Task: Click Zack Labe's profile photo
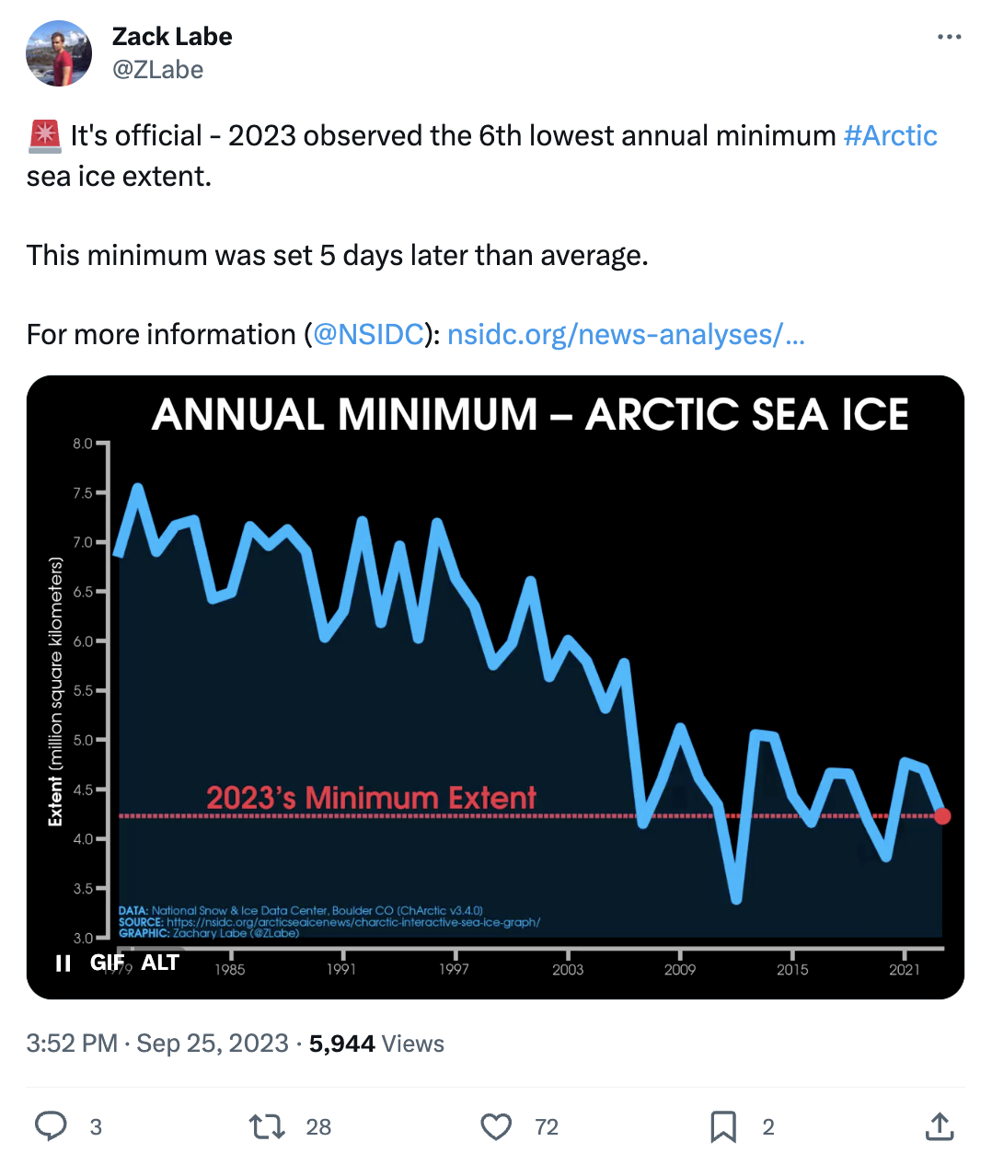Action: coord(59,53)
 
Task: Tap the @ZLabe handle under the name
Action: coord(157,70)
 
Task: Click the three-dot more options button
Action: coord(949,38)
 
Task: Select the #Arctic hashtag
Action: coord(890,136)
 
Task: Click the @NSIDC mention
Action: coord(368,334)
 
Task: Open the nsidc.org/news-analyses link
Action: coord(626,334)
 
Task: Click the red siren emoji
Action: coord(44,136)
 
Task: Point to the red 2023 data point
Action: coord(942,816)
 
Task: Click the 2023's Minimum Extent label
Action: coord(371,797)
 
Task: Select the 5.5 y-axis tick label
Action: coord(83,690)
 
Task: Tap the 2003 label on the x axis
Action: coord(568,969)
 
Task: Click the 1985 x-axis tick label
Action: coord(230,969)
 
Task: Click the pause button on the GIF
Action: coord(63,963)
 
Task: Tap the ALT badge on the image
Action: coord(160,963)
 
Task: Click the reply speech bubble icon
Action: coord(51,1126)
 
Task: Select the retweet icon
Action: coord(268,1126)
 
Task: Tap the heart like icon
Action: coord(496,1126)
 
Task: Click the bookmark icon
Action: coord(723,1126)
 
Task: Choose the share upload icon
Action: coord(939,1126)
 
